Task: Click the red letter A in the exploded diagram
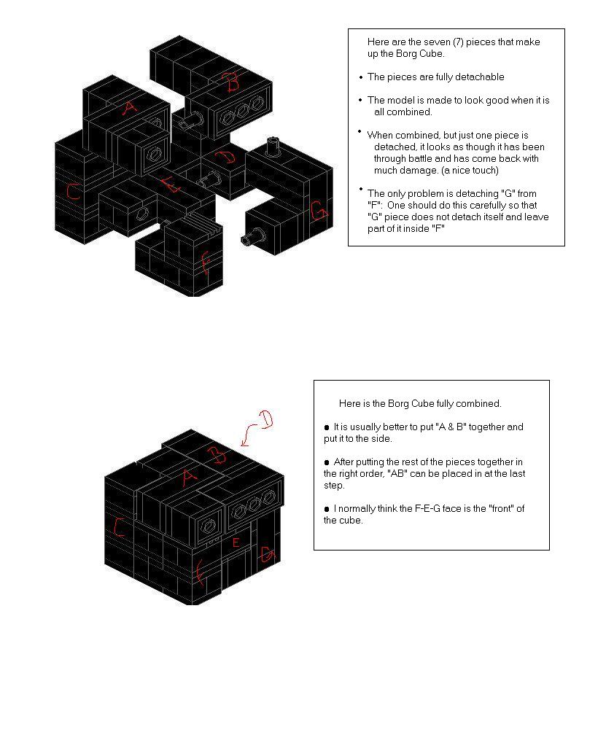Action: pos(128,108)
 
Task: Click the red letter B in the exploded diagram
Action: pos(233,82)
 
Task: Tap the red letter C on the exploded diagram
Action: pos(73,191)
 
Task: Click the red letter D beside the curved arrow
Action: pos(265,419)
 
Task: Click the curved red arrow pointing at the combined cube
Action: pos(249,434)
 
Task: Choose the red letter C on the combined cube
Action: pos(119,527)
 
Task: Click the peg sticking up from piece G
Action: pos(273,146)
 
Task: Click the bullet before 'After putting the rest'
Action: pos(327,462)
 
